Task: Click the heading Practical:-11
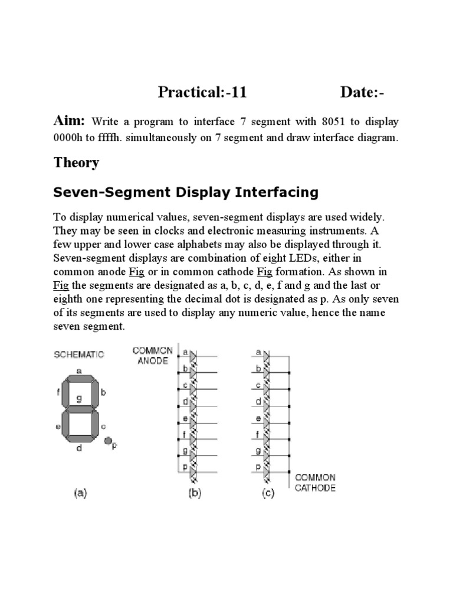click(x=202, y=93)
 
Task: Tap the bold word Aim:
click(x=70, y=121)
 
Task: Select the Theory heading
click(x=76, y=162)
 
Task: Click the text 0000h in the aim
click(x=69, y=139)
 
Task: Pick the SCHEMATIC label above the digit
click(x=79, y=354)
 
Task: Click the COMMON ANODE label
click(x=153, y=355)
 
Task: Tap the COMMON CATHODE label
click(x=315, y=482)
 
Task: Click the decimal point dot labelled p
click(x=108, y=440)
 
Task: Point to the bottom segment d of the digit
click(x=79, y=439)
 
